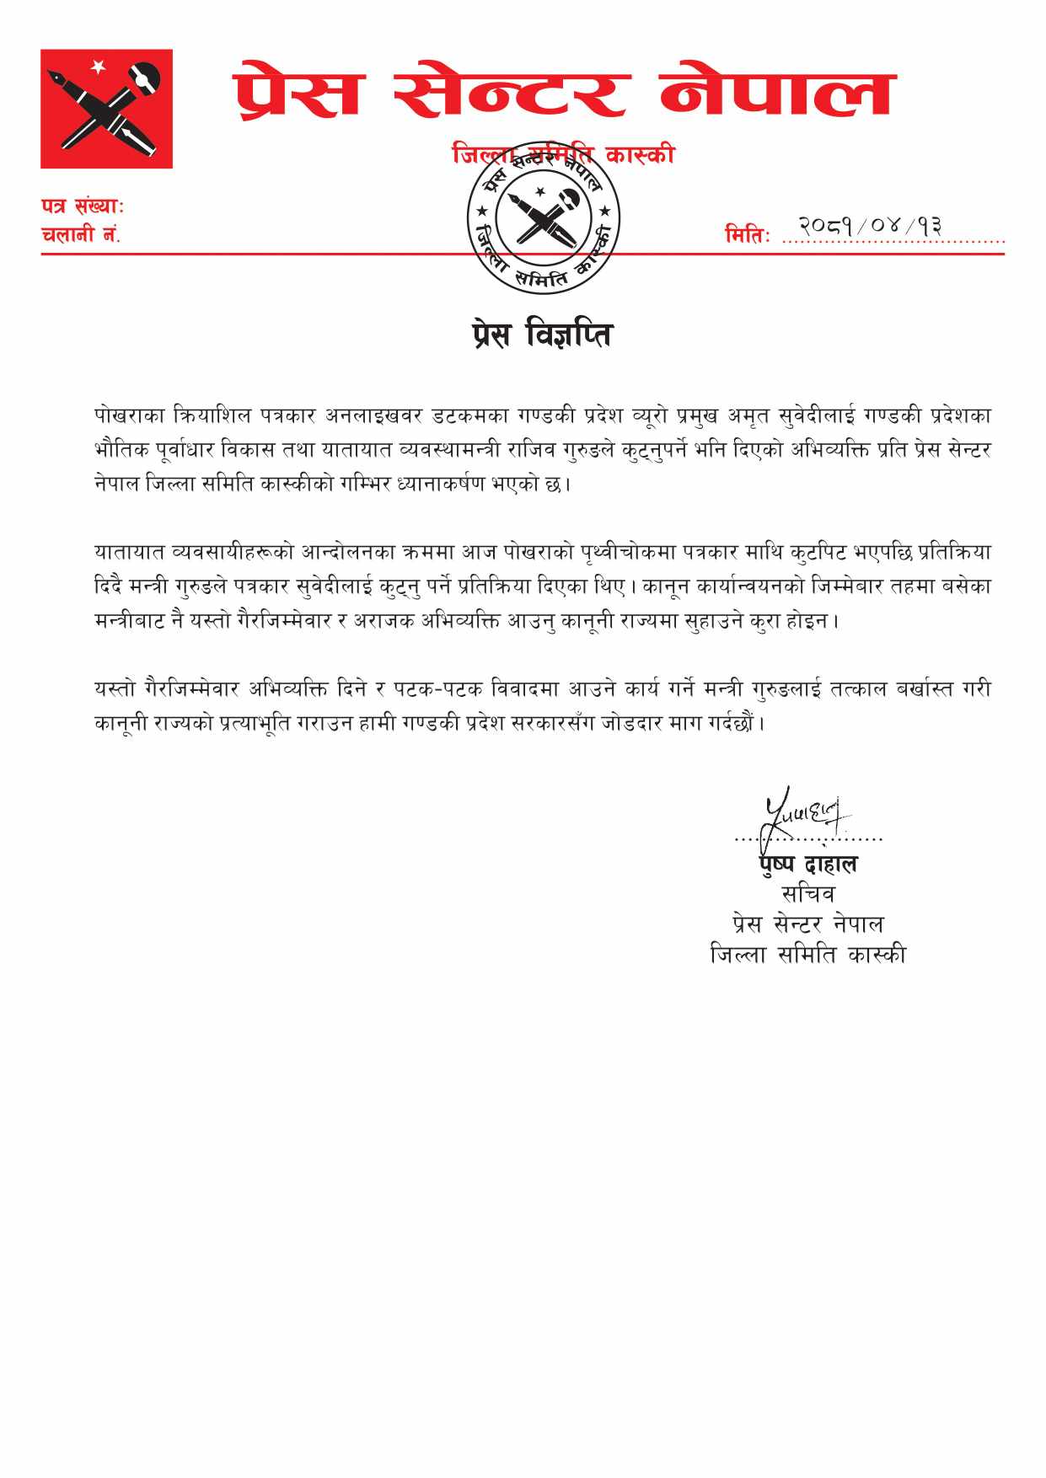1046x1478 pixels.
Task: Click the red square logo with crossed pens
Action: click(106, 109)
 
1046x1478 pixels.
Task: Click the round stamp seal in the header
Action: click(544, 217)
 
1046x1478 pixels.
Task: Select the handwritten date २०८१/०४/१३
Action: click(871, 225)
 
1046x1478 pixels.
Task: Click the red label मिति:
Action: click(748, 236)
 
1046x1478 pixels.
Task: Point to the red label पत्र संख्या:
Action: click(83, 206)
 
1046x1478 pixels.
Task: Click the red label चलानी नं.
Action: click(81, 235)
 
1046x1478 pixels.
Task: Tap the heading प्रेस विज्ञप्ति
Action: click(541, 335)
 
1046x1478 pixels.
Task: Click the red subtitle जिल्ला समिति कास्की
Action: click(563, 154)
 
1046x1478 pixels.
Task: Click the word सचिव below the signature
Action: click(807, 894)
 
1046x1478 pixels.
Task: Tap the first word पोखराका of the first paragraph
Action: click(130, 415)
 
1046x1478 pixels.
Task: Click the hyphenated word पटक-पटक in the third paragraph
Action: click(437, 689)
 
